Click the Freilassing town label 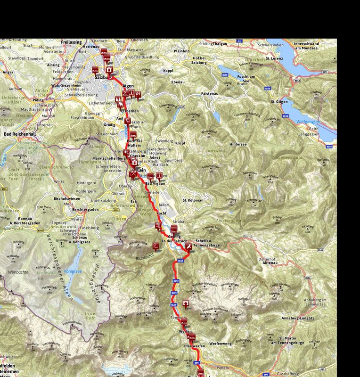71,42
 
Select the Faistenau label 210,94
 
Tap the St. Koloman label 193,201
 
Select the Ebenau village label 178,82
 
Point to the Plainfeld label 181,51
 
